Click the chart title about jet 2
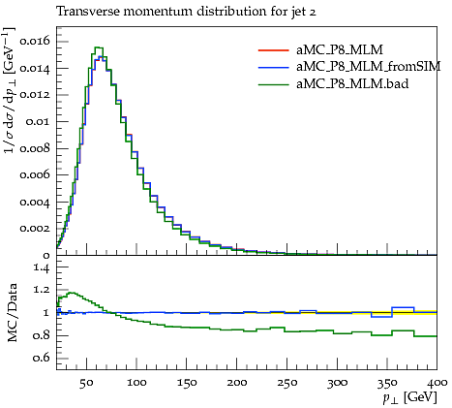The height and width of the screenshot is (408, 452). coord(186,13)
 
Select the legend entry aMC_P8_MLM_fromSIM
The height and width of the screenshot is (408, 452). coord(368,67)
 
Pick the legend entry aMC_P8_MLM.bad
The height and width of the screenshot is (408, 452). coord(352,84)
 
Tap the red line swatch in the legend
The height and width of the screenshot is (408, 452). coord(273,50)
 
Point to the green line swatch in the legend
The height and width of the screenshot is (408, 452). coord(273,84)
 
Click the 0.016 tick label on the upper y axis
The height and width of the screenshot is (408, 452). coord(35,42)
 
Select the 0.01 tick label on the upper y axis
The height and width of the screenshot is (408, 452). coord(38,122)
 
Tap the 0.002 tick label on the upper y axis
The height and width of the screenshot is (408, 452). coord(35,229)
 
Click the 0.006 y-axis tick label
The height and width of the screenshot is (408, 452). coord(35,175)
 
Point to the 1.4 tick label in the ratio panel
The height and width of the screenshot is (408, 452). coord(42,268)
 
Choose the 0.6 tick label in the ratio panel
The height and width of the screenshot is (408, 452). coord(42,358)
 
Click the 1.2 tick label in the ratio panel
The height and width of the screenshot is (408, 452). coord(42,290)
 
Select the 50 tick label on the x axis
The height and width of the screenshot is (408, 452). coord(86,383)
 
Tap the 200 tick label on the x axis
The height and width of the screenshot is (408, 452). coord(237,383)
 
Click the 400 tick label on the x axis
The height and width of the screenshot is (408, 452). coord(437,383)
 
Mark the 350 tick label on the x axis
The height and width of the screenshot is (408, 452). coord(387,383)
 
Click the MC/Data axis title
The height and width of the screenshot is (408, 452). coord(13,313)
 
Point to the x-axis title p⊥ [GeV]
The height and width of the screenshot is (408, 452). coord(409,397)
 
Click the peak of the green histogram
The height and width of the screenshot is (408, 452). coord(99,47)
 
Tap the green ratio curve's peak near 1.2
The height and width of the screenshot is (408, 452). coord(72,293)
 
